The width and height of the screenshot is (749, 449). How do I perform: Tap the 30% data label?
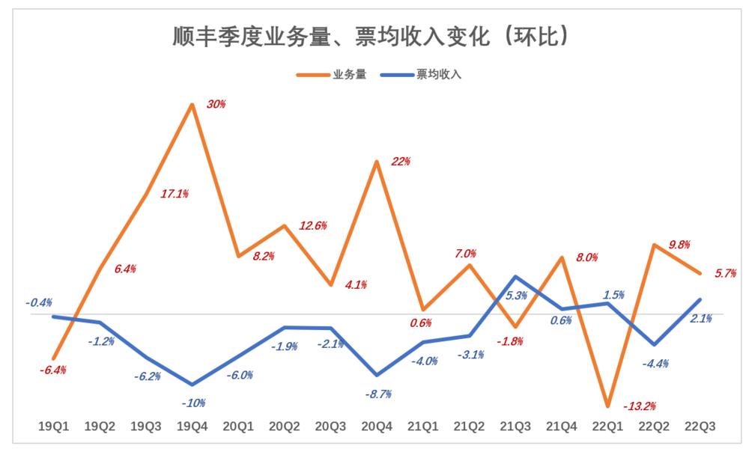[216, 105]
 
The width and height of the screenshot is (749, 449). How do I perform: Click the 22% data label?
[401, 162]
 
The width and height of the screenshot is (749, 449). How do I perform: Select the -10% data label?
[192, 403]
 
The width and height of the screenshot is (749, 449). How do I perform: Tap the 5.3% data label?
[515, 296]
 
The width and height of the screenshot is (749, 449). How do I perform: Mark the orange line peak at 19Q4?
[192, 105]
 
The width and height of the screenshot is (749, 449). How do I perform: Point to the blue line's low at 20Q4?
[377, 375]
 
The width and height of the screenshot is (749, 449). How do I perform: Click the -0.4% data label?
[38, 303]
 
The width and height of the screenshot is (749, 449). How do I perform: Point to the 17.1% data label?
[175, 194]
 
